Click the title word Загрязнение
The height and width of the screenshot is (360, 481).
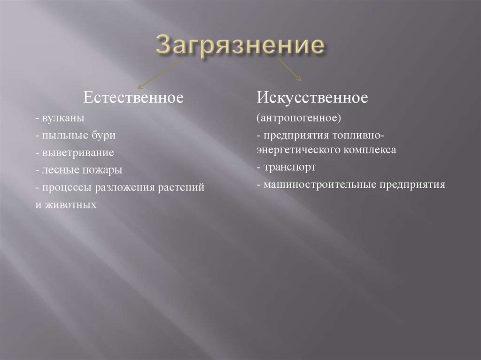(x=240, y=46)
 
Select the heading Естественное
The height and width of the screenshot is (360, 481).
(x=133, y=99)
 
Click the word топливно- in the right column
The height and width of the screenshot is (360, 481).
(x=360, y=136)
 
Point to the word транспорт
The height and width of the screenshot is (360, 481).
(x=290, y=168)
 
